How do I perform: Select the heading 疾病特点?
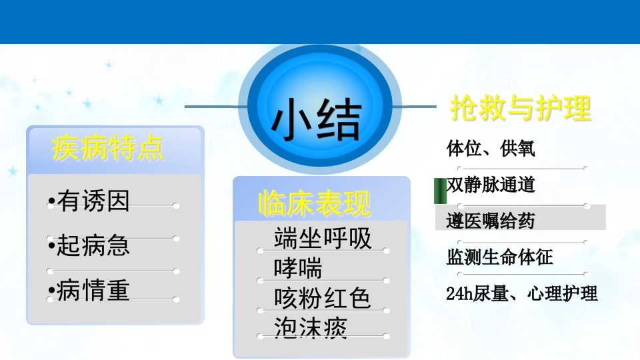108,149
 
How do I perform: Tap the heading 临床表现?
314,203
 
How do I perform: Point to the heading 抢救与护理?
521,107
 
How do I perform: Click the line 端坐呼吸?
323,239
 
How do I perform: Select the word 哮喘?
298,268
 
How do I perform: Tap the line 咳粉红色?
323,297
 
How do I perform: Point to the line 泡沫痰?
311,327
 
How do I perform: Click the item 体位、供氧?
491,149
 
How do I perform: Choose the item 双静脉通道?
491,185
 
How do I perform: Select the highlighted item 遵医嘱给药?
491,221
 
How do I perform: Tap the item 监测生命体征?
500,257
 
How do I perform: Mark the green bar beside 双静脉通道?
439,191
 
